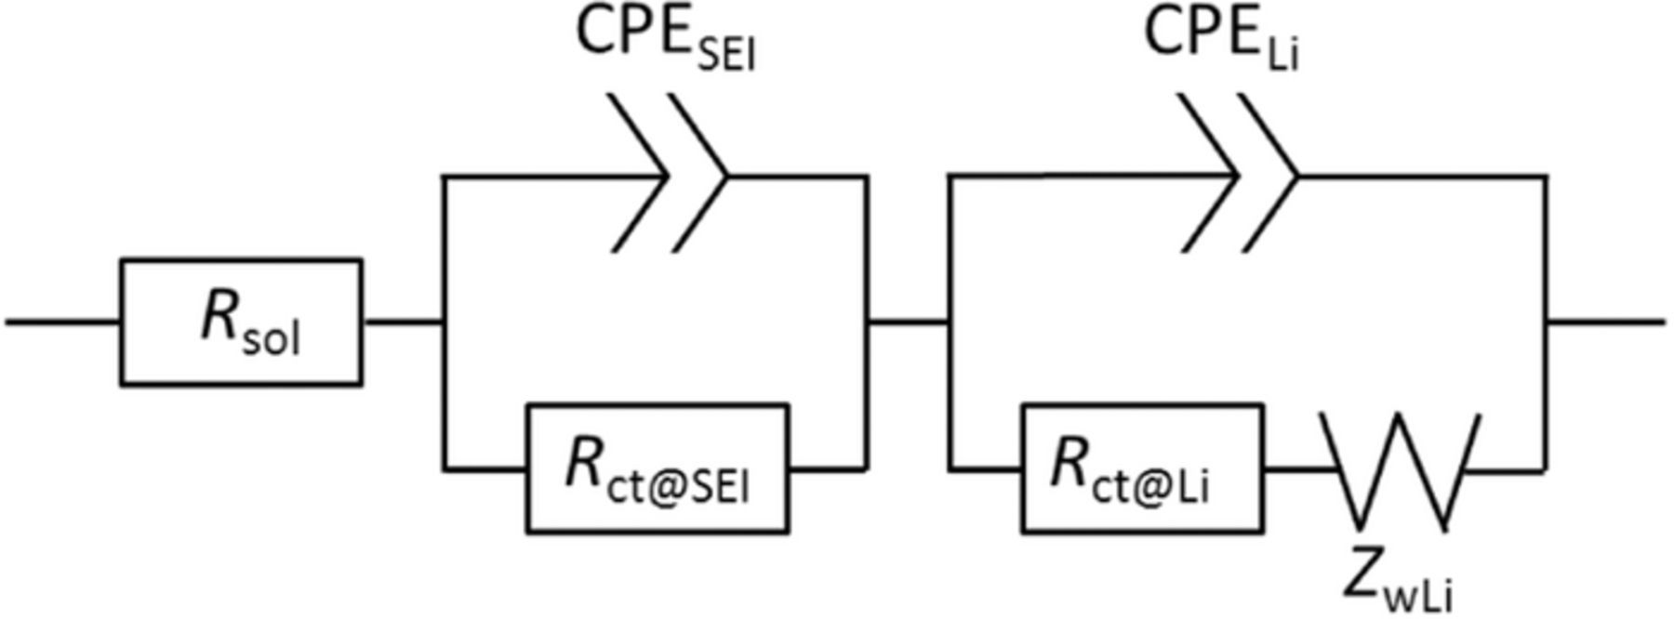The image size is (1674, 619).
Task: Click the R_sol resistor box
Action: tap(241, 322)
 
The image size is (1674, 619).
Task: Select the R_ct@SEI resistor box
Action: tap(658, 468)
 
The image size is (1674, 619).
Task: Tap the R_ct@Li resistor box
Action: tap(1142, 468)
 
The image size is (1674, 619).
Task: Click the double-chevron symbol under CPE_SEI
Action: tap(669, 174)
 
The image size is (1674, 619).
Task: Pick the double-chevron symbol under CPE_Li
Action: tap(1238, 174)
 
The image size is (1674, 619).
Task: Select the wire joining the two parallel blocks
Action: tap(909, 322)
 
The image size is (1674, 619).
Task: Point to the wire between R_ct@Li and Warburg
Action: tap(1295, 470)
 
